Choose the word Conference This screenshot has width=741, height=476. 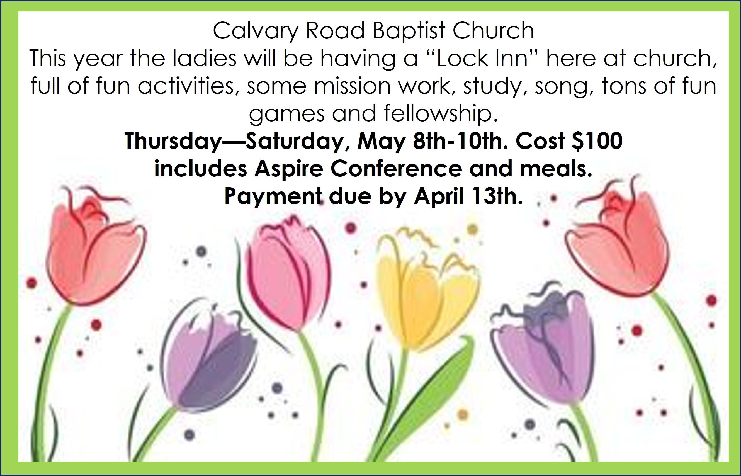click(x=397, y=169)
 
